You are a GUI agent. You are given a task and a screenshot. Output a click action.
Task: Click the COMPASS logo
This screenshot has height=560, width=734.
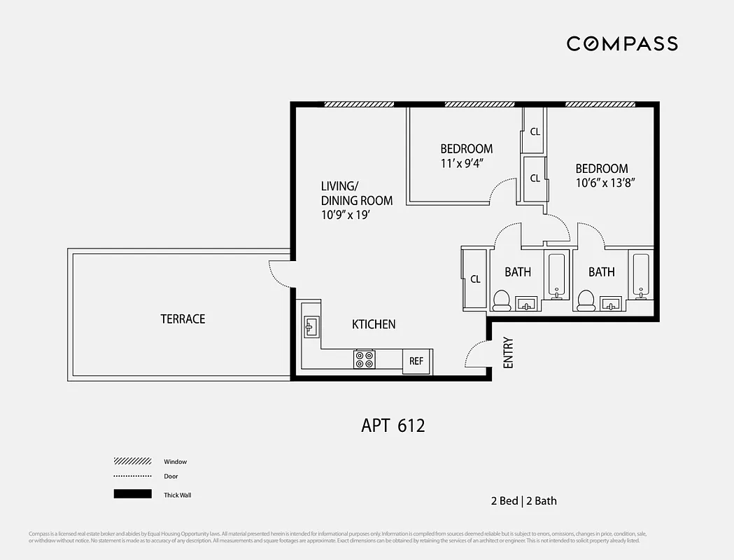(x=621, y=43)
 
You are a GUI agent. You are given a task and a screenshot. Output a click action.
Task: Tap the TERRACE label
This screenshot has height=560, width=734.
(x=183, y=319)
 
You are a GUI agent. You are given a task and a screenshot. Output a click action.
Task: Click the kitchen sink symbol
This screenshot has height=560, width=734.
(x=311, y=325)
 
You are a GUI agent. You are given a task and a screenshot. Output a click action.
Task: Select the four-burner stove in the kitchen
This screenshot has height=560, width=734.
(x=364, y=360)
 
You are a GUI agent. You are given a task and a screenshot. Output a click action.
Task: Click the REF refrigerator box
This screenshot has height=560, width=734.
(x=416, y=361)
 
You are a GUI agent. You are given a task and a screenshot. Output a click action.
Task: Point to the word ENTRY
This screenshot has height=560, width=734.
(x=508, y=353)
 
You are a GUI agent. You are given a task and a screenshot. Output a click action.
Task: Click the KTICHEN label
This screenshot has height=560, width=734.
(x=373, y=324)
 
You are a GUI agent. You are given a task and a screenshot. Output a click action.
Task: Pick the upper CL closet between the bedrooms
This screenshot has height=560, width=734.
(x=535, y=132)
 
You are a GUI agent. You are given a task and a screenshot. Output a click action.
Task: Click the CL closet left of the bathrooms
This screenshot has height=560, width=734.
(x=475, y=279)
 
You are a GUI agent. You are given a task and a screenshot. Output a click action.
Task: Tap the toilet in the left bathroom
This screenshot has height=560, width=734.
(x=501, y=300)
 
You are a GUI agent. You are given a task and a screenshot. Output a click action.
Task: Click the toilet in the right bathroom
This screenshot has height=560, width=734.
(x=585, y=300)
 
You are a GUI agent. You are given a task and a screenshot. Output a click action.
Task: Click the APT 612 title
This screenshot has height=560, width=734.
(x=393, y=425)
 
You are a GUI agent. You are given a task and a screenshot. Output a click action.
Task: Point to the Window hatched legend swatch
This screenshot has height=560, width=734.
(x=132, y=461)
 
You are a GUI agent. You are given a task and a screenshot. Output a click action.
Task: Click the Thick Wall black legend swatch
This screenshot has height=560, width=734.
(x=132, y=494)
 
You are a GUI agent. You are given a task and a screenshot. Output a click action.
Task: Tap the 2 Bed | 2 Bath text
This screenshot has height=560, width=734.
(x=523, y=500)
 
